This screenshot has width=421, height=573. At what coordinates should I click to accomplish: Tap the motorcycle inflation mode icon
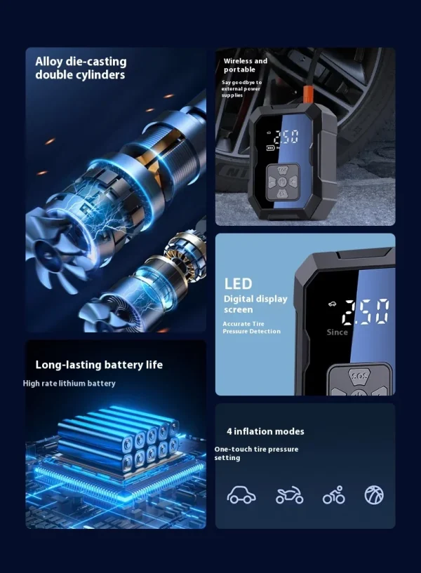(289, 495)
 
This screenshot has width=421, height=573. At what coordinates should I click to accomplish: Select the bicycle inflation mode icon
(334, 495)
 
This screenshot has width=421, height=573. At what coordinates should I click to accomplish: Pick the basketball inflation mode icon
(374, 495)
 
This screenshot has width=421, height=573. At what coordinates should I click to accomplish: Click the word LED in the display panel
(239, 284)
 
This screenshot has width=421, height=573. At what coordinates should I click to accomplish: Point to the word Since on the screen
(337, 332)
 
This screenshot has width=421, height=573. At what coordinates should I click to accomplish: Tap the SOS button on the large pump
(359, 377)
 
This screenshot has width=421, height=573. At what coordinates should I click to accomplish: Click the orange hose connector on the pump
(308, 95)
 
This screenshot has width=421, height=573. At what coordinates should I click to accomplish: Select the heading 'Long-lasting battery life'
(99, 365)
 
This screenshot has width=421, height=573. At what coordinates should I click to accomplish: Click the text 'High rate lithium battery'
(69, 384)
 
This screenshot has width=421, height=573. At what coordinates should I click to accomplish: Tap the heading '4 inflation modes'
(265, 431)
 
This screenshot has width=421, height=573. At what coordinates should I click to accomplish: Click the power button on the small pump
(283, 182)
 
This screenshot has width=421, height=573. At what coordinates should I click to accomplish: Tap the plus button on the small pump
(294, 181)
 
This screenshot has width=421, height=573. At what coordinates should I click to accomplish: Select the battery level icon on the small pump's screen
(270, 148)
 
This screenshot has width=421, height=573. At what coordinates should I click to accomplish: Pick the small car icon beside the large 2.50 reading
(332, 304)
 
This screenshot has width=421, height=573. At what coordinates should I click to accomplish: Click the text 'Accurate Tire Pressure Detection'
(251, 328)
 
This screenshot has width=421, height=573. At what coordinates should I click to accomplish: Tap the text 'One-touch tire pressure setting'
(256, 454)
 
